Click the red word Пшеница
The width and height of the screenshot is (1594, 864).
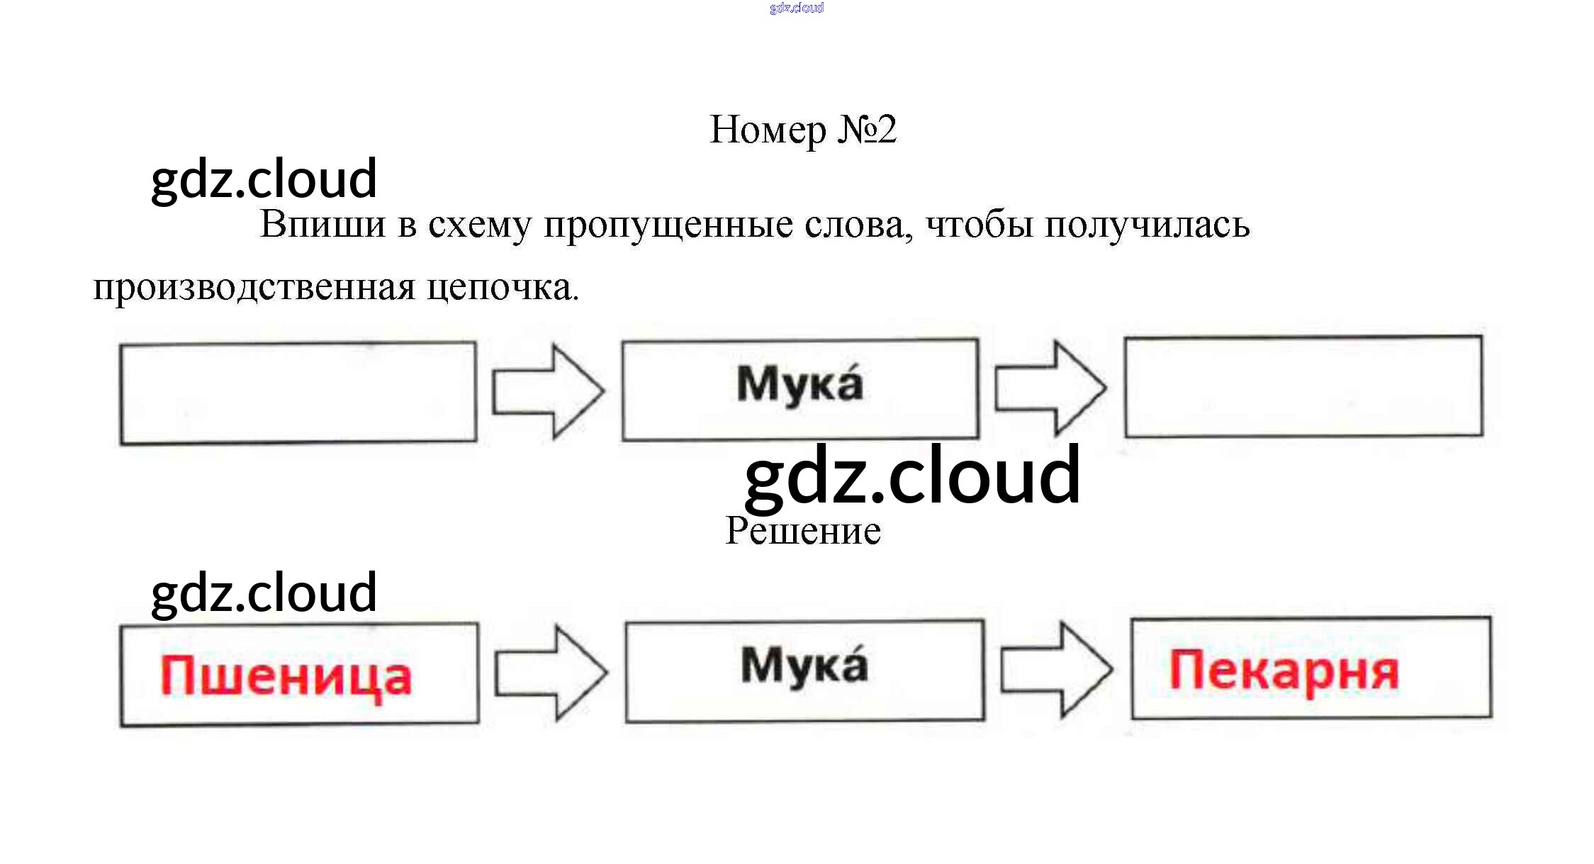[286, 675]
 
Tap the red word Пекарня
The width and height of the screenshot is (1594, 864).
[1284, 671]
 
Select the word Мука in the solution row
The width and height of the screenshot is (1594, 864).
[804, 666]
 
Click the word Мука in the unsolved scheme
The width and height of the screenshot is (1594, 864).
[799, 385]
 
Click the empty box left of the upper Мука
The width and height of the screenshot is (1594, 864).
[298, 393]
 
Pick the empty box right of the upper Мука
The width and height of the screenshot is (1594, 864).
[1303, 387]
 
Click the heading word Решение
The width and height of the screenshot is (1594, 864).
[802, 531]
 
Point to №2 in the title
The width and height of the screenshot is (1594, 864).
[867, 130]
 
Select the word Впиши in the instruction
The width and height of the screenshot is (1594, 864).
[323, 225]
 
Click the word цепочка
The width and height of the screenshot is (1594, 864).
[503, 288]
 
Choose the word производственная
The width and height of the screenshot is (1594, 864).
[254, 288]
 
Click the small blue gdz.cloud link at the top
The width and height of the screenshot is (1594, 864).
[796, 8]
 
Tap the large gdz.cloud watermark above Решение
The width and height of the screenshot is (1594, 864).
[912, 476]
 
